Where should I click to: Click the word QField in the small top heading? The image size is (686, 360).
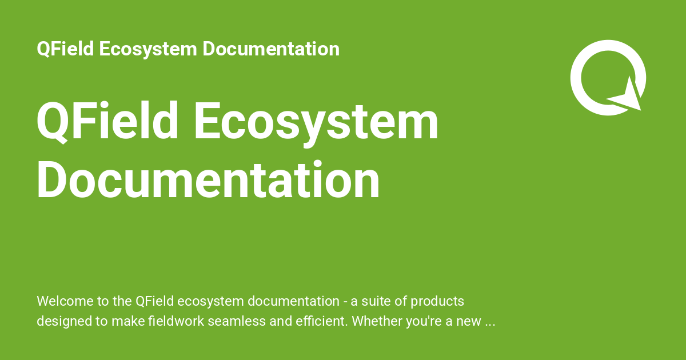tap(65, 49)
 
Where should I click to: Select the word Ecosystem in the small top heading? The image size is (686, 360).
tap(146, 49)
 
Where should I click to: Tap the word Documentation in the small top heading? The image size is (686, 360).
tap(271, 49)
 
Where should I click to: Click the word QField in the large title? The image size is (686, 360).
tap(107, 122)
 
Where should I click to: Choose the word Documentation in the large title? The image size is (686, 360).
tap(208, 180)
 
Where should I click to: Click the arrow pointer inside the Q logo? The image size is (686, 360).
tap(628, 95)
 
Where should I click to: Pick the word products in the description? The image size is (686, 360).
tap(438, 301)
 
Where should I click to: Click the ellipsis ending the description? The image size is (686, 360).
tap(489, 322)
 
